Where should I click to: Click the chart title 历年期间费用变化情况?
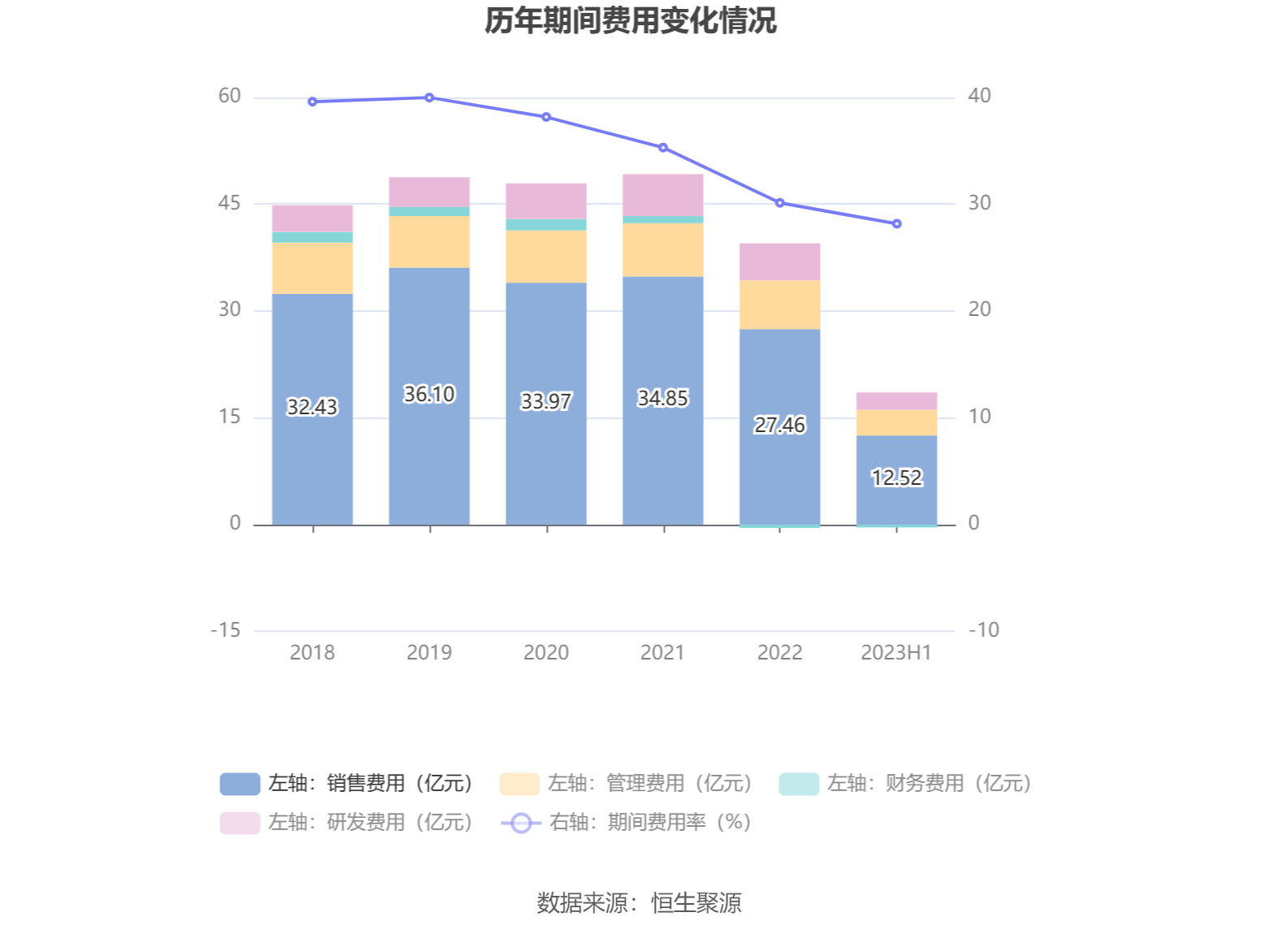pyautogui.click(x=631, y=21)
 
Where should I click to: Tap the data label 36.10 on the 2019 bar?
pyautogui.click(x=429, y=394)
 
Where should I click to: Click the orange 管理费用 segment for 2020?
pyautogui.click(x=546, y=256)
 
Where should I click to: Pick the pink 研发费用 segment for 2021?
pyautogui.click(x=663, y=195)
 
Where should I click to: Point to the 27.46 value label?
pyautogui.click(x=779, y=425)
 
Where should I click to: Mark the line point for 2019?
pyautogui.click(x=429, y=97)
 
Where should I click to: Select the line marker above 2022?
pyautogui.click(x=779, y=203)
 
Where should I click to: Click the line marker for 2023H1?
pyautogui.click(x=896, y=224)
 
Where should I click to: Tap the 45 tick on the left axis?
pyautogui.click(x=229, y=203)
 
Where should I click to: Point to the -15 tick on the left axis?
pyautogui.click(x=226, y=630)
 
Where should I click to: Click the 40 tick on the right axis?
pyautogui.click(x=979, y=96)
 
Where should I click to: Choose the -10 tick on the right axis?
pyautogui.click(x=983, y=630)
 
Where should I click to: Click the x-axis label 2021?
pyautogui.click(x=662, y=652)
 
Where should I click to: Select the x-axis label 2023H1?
pyautogui.click(x=896, y=652)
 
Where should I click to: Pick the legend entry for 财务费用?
pyautogui.click(x=905, y=783)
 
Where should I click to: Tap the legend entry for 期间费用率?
pyautogui.click(x=626, y=823)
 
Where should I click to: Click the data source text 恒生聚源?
pyautogui.click(x=696, y=903)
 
